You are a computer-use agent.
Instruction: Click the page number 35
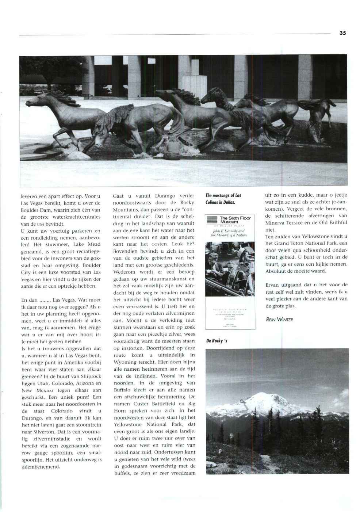[342, 33]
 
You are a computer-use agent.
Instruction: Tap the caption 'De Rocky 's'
[217, 341]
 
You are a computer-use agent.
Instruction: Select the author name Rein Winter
[279, 320]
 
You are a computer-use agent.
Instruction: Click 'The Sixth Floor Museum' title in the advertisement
[235, 220]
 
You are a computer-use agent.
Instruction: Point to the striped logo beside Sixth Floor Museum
[212, 219]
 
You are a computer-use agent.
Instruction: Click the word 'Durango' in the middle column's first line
[166, 196]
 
